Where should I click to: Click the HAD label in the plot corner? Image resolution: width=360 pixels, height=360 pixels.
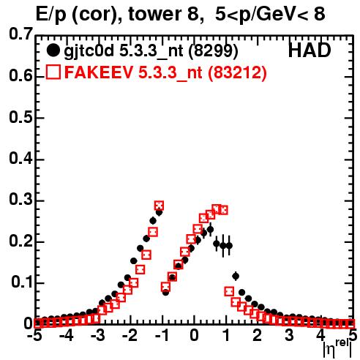click(x=310, y=50)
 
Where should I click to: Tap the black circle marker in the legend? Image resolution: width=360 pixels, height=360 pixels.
click(x=53, y=50)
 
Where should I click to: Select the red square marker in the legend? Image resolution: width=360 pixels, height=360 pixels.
click(x=53, y=72)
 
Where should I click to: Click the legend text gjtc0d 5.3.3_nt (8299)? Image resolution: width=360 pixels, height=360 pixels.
click(x=151, y=51)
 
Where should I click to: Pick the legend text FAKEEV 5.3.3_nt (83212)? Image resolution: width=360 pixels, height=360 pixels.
click(x=165, y=72)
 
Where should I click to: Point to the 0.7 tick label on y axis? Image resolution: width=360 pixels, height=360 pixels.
click(x=20, y=34)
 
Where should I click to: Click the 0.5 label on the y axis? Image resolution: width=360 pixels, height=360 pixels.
click(x=20, y=118)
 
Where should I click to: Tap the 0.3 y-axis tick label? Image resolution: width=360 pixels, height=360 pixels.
click(x=20, y=200)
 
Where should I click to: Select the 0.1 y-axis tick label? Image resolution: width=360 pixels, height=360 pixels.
click(x=22, y=282)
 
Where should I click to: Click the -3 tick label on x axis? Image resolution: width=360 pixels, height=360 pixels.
click(x=98, y=335)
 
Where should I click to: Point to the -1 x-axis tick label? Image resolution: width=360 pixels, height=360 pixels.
click(x=162, y=335)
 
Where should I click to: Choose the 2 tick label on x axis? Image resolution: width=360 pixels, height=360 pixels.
click(x=257, y=335)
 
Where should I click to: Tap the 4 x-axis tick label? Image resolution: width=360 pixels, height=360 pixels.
click(x=320, y=335)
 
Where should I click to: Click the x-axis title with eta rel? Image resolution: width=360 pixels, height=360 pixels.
click(x=337, y=348)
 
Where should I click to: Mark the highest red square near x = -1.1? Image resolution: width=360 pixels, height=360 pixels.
click(x=159, y=206)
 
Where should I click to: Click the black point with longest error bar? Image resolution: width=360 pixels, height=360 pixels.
click(x=223, y=246)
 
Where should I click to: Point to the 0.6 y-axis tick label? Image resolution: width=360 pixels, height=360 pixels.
click(x=20, y=75)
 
